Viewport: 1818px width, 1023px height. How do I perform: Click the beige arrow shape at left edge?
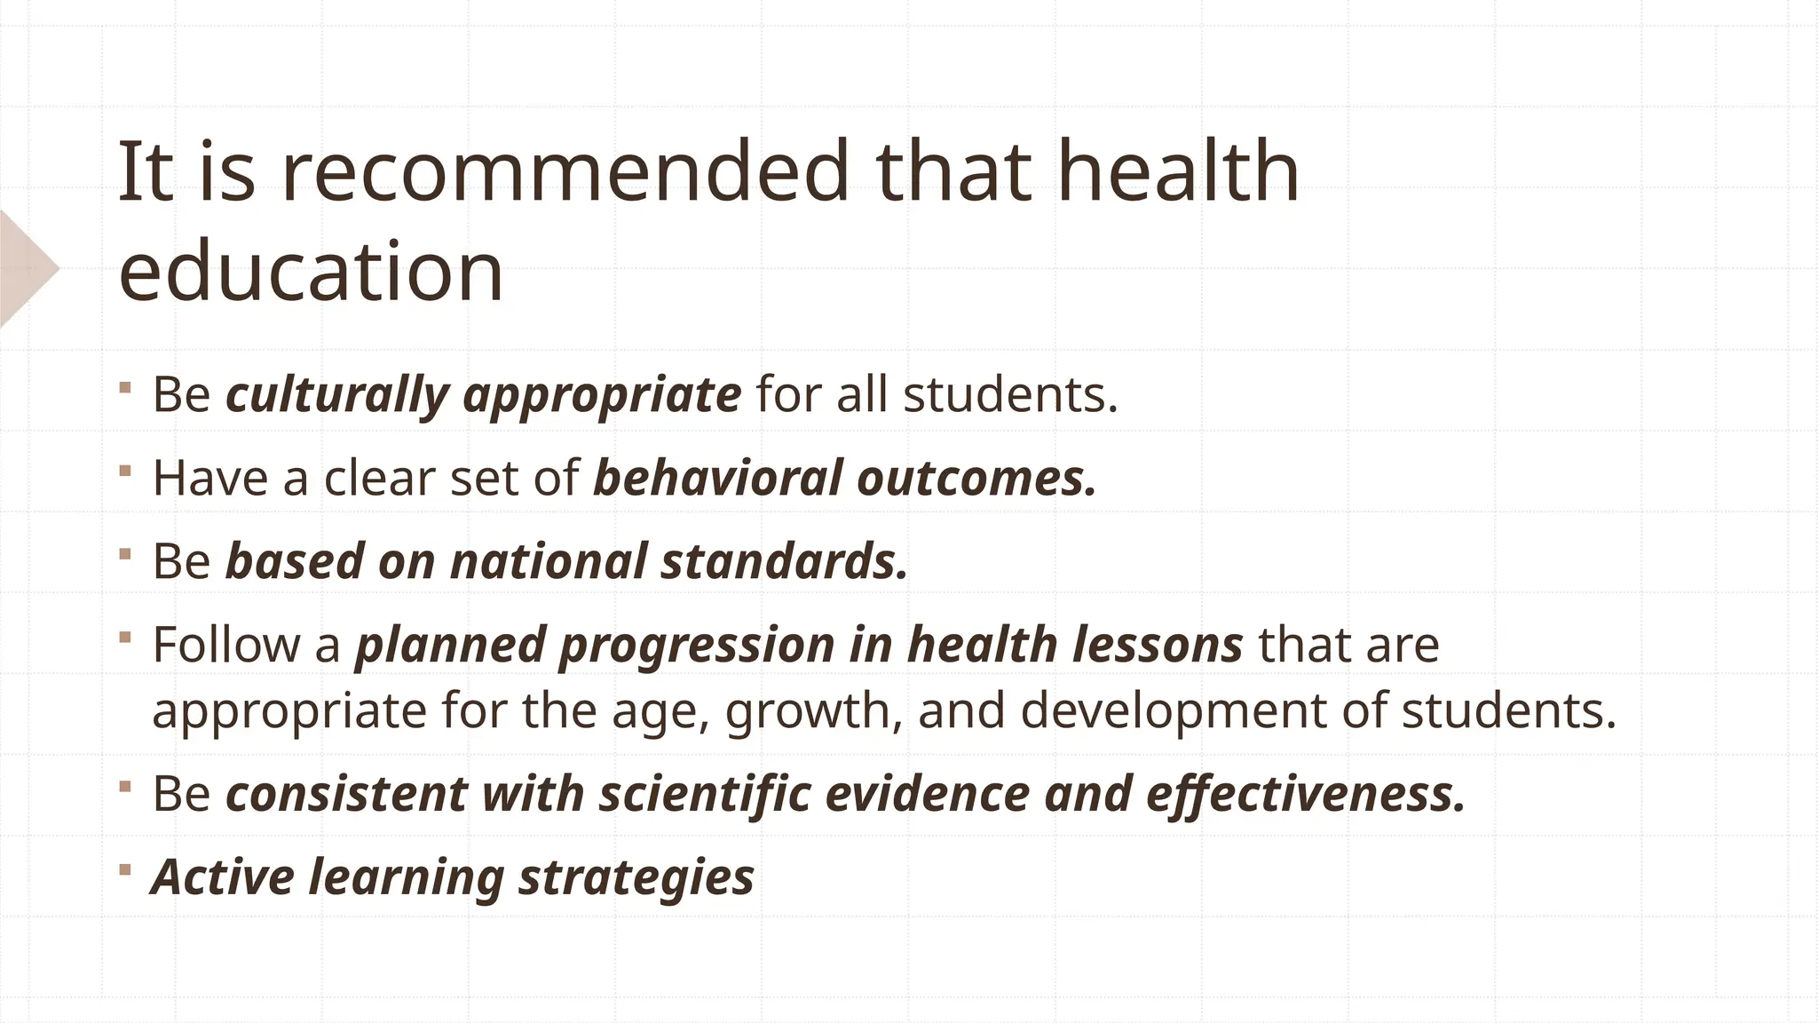pos(25,269)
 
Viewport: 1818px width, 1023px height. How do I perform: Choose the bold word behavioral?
pos(717,478)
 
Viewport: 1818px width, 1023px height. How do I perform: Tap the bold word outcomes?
pos(976,478)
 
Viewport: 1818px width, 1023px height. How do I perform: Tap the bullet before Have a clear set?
pos(125,469)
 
